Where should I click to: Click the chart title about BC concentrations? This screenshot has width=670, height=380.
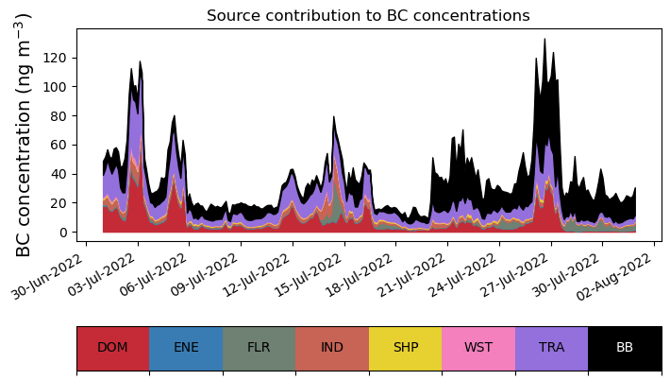coord(368,16)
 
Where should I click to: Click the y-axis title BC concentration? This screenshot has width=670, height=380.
coord(25,135)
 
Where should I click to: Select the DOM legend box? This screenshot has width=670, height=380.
coord(112,348)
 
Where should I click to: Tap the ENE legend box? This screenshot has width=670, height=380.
coord(186,348)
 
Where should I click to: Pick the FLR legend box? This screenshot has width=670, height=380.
coord(259,348)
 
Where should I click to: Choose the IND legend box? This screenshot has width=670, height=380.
coord(332,348)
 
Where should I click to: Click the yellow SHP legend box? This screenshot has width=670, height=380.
coord(406,348)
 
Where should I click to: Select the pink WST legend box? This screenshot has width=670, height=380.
coord(478,348)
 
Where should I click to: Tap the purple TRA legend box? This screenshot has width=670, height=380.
coord(551,348)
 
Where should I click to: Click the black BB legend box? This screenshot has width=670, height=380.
coord(625,348)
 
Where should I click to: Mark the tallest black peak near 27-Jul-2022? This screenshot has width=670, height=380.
coord(544,41)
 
